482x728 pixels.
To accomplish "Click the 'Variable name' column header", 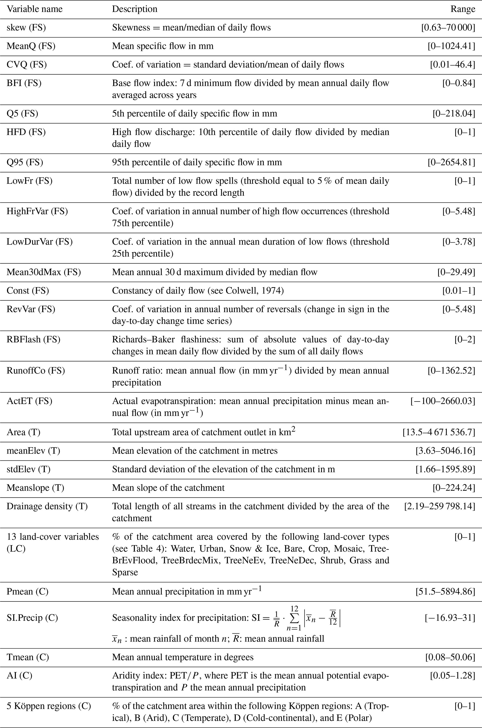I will pyautogui.click(x=35, y=9).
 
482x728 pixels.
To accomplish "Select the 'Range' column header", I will pyautogui.click(x=463, y=9).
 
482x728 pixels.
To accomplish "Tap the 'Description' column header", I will pyautogui.click(x=135, y=9).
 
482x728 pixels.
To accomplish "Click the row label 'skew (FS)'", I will pyautogui.click(x=26, y=28).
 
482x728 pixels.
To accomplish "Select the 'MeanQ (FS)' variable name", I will pyautogui.click(x=31, y=46).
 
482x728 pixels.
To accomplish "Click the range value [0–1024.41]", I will pyautogui.click(x=451, y=46).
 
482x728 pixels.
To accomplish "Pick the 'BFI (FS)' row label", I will pyautogui.click(x=24, y=83).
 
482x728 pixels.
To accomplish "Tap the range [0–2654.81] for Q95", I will pyautogui.click(x=451, y=162).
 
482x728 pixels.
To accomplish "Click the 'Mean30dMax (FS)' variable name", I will pyautogui.click(x=44, y=272).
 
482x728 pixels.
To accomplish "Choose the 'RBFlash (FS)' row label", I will pyautogui.click(x=34, y=340).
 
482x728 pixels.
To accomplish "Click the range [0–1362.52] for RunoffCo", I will pyautogui.click(x=451, y=371).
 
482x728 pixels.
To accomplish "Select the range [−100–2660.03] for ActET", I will pyautogui.click(x=443, y=401).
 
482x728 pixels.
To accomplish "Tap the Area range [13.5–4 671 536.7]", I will pyautogui.click(x=439, y=433).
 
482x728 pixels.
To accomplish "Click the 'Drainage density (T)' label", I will pyautogui.click(x=47, y=506).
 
